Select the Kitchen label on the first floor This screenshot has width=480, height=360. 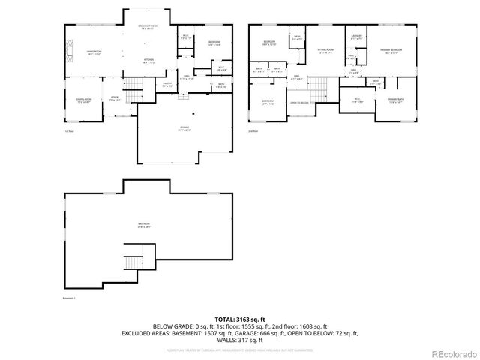click(x=148, y=61)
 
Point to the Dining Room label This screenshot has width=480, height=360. click(x=82, y=100)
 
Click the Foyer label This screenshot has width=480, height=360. click(x=115, y=98)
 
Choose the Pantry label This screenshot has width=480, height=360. click(x=167, y=85)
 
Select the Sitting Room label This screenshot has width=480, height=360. click(x=323, y=52)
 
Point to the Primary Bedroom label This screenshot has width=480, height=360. click(x=391, y=52)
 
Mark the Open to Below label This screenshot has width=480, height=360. click(x=299, y=103)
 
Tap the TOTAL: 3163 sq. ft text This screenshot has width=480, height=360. click(x=240, y=319)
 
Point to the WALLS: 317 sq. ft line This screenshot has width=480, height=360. click(x=240, y=339)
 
